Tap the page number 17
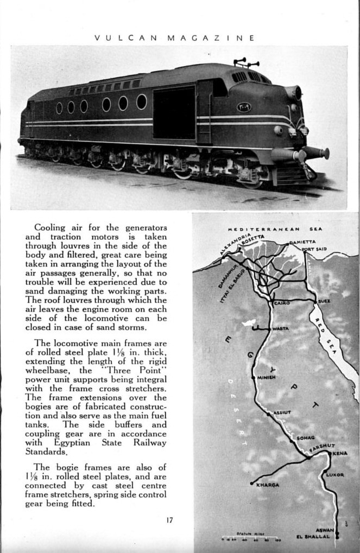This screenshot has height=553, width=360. (169, 520)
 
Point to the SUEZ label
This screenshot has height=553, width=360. (324, 301)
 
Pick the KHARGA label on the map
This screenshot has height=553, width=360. (268, 485)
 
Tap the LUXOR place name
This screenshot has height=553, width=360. (335, 475)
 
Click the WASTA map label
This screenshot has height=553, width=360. (280, 329)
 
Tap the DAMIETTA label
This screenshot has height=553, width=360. (302, 242)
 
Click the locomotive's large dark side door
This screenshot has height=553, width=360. (174, 113)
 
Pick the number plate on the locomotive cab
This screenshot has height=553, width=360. (243, 107)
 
